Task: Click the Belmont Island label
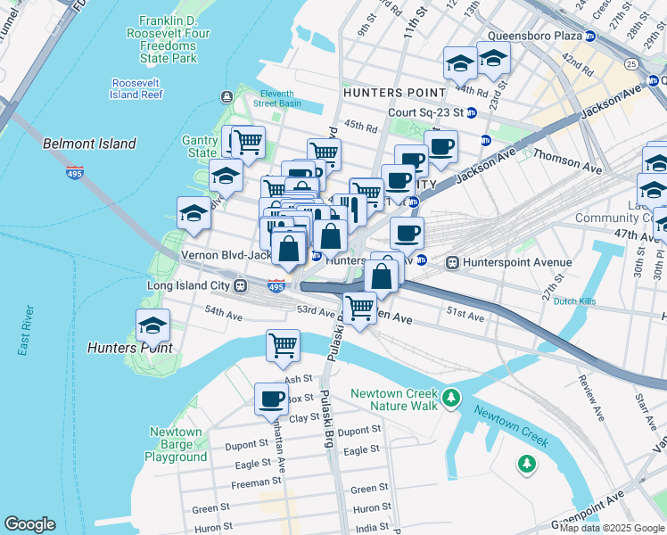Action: tap(90, 144)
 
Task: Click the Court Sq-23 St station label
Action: tap(426, 113)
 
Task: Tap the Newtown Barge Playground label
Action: tap(176, 444)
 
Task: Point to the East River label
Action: tap(26, 331)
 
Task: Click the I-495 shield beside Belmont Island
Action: tap(75, 171)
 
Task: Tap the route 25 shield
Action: tap(631, 64)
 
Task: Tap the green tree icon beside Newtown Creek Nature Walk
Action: tap(451, 395)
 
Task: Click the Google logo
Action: tap(29, 524)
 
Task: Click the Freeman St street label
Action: tap(251, 482)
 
